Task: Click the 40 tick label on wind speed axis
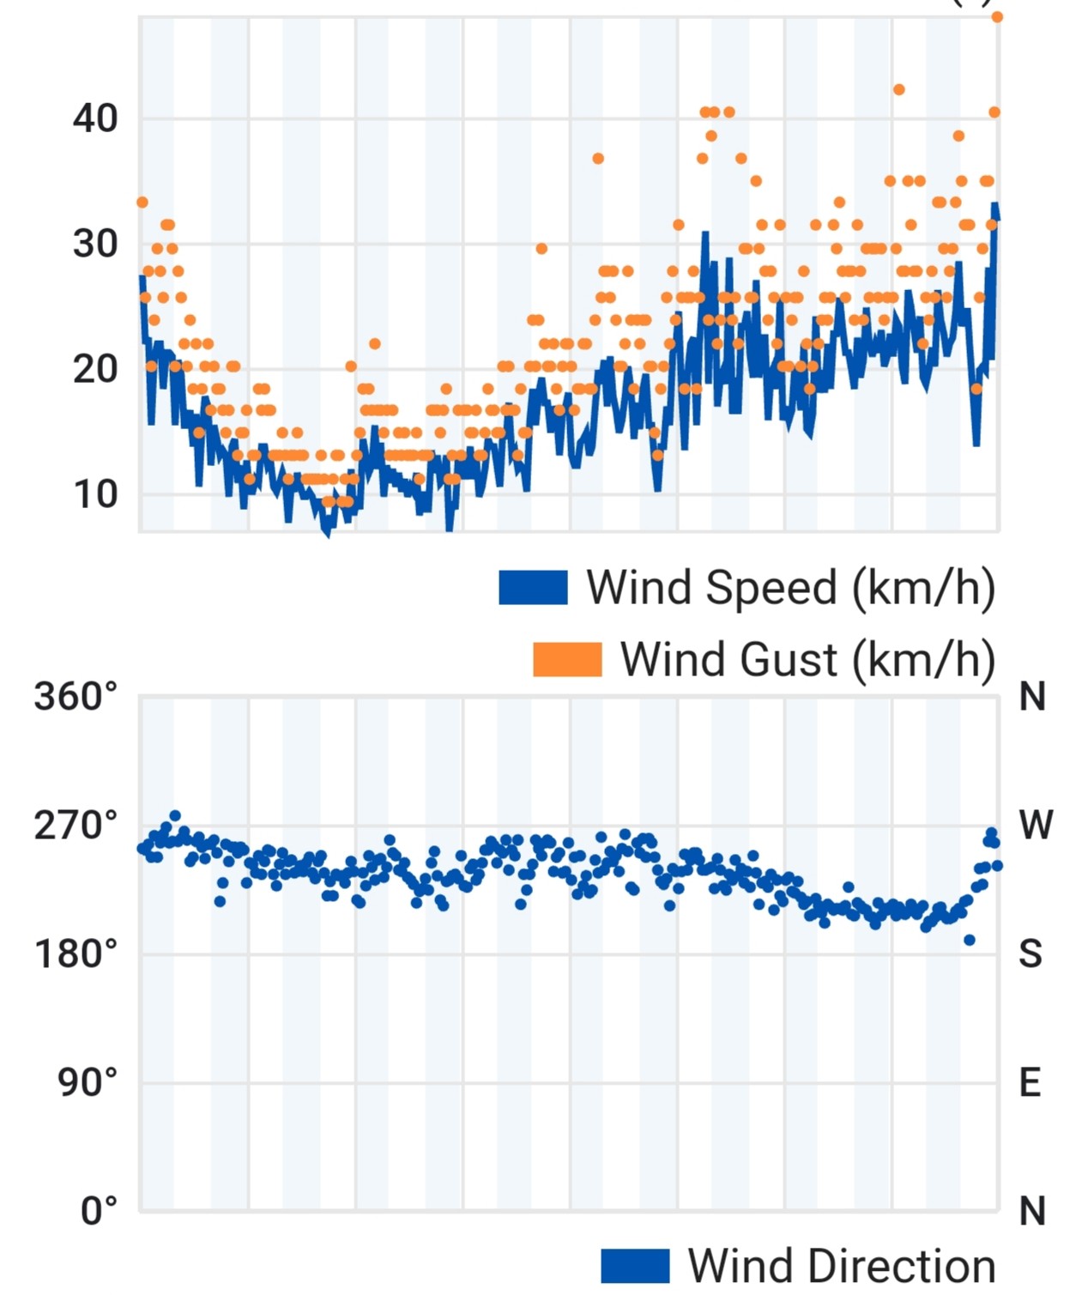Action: [94, 118]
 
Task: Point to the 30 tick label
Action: [94, 244]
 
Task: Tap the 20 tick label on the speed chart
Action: [94, 370]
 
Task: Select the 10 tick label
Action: [94, 495]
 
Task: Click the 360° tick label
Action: [75, 697]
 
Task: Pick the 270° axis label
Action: [75, 826]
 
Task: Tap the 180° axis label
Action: [75, 954]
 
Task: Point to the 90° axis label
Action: [88, 1082]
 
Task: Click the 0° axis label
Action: [99, 1210]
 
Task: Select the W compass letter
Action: [1036, 825]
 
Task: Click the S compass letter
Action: [1031, 953]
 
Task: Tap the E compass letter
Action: [1030, 1082]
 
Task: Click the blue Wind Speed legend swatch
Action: [533, 587]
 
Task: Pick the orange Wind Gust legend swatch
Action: [567, 659]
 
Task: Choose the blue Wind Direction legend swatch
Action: [635, 1265]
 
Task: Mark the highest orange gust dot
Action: [997, 17]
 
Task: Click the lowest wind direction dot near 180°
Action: [970, 941]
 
